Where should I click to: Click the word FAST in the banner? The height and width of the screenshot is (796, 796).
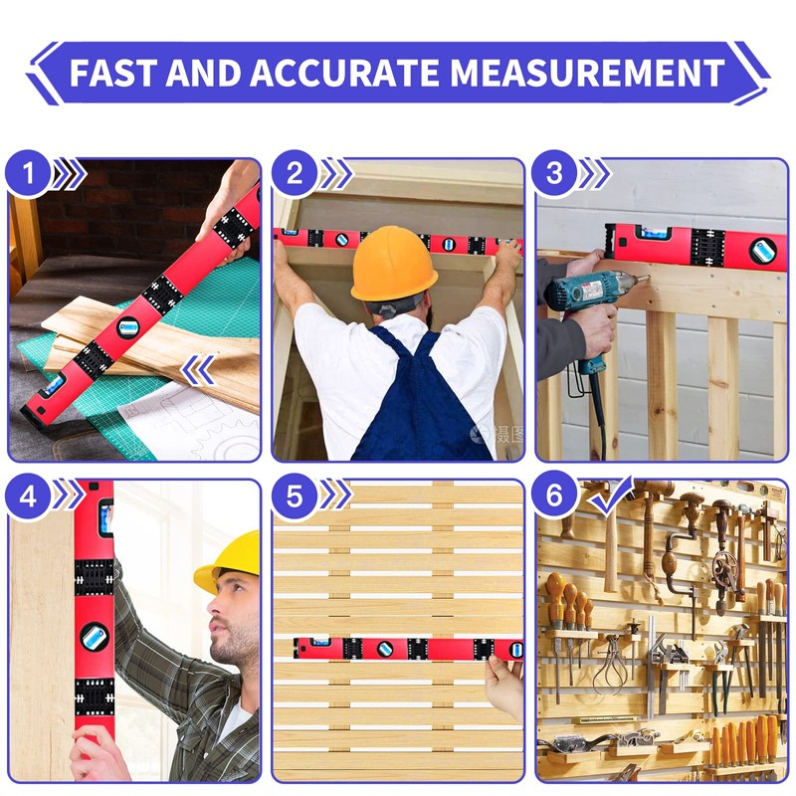tap(110, 73)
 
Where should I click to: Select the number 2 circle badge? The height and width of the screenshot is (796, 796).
tap(295, 175)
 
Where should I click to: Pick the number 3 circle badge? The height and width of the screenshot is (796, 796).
tap(555, 175)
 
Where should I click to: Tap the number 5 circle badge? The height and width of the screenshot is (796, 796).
tap(295, 497)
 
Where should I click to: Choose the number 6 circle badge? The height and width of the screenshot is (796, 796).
tap(555, 497)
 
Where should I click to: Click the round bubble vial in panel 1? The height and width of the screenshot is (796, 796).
tap(128, 326)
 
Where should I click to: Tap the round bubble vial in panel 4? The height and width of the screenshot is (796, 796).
tap(95, 637)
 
